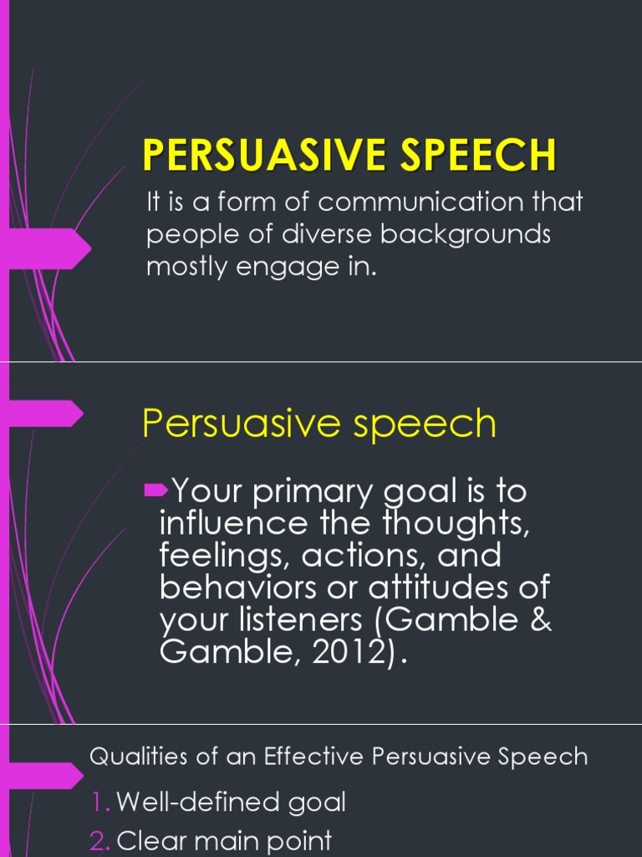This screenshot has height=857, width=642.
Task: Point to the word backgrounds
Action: [466, 234]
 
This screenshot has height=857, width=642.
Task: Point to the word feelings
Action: [218, 557]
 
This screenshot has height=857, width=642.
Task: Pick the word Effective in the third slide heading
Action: [312, 758]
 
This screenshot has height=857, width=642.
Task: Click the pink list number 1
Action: [100, 803]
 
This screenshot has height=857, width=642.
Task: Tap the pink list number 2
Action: [100, 840]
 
